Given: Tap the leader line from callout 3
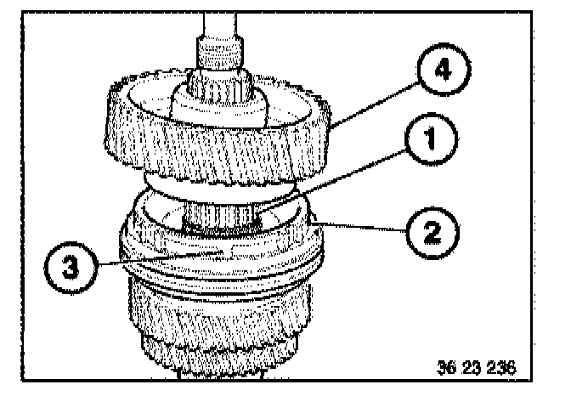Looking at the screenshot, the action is point(161,257).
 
